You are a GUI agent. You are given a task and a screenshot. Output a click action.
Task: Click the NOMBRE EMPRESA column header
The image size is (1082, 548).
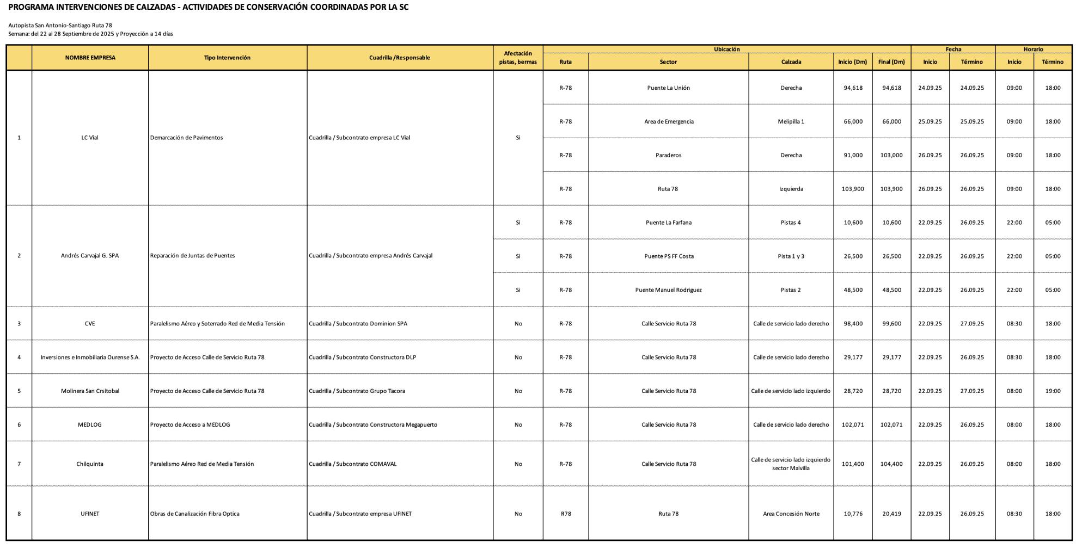pyautogui.click(x=90, y=58)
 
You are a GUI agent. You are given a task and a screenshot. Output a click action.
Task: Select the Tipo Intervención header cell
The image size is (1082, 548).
pyautogui.click(x=227, y=58)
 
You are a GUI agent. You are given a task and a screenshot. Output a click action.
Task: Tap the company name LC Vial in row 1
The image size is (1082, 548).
pyautogui.click(x=90, y=138)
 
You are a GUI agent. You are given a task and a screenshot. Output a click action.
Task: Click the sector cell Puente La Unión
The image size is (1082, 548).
pyautogui.click(x=668, y=88)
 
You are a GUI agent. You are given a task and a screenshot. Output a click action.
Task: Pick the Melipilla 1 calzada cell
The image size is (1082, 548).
pyautogui.click(x=791, y=122)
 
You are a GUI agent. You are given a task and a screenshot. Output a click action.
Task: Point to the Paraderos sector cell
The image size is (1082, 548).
pyautogui.click(x=668, y=156)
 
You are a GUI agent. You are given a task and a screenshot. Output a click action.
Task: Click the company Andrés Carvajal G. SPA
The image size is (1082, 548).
pyautogui.click(x=90, y=256)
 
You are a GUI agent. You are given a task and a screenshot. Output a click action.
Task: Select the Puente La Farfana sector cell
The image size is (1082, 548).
pyautogui.click(x=668, y=223)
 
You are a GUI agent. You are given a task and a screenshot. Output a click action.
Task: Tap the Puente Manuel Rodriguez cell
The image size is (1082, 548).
pyautogui.click(x=668, y=290)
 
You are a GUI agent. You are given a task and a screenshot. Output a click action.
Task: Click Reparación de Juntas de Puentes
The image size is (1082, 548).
pyautogui.click(x=192, y=256)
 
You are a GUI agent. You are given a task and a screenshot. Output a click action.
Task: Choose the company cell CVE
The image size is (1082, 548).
pyautogui.click(x=90, y=324)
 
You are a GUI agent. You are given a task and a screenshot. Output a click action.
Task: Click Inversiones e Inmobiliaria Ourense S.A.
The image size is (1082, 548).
pyautogui.click(x=90, y=358)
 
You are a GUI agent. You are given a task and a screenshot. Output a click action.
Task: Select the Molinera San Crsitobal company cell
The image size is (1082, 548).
pyautogui.click(x=90, y=391)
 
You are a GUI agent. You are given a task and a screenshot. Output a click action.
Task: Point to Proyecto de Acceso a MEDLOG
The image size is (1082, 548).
pyautogui.click(x=190, y=425)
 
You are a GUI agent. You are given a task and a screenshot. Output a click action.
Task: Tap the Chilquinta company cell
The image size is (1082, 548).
pyautogui.click(x=90, y=464)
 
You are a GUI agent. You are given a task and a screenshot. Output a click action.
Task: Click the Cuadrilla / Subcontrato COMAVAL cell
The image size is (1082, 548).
pyautogui.click(x=352, y=464)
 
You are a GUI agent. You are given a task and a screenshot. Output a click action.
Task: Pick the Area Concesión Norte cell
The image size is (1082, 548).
pyautogui.click(x=791, y=514)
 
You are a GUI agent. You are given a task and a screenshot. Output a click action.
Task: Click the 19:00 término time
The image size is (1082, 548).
pyautogui.click(x=1052, y=391)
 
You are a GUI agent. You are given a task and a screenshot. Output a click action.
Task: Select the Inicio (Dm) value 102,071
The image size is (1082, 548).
pyautogui.click(x=853, y=425)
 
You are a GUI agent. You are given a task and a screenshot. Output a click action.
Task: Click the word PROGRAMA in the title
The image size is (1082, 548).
pyautogui.click(x=30, y=7)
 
